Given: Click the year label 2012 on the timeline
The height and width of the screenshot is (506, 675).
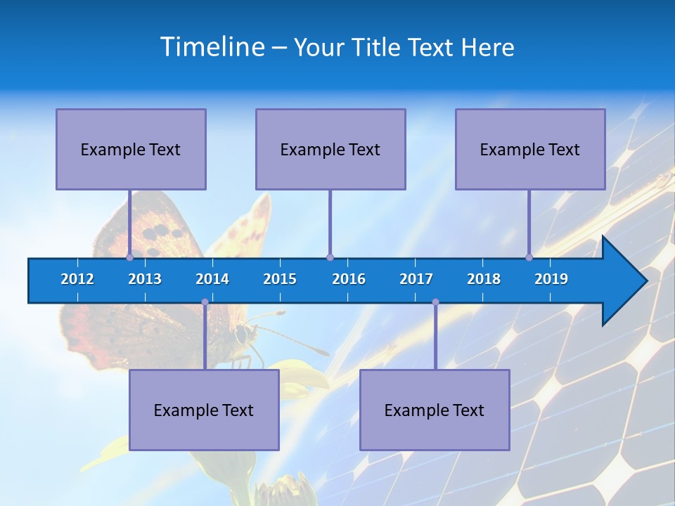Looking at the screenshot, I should [77, 279].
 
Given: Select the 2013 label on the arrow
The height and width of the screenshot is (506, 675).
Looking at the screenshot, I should [145, 279].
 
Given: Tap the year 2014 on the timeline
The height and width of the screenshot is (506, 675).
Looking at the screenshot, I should [212, 279].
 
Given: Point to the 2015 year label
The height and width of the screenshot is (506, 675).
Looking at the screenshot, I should [280, 279].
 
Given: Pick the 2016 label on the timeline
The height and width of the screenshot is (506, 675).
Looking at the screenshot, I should [349, 279].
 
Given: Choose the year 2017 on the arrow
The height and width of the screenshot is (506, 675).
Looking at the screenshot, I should [416, 279].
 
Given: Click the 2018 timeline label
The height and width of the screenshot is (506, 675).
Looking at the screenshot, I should [484, 279].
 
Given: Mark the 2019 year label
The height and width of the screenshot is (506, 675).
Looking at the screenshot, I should [551, 279].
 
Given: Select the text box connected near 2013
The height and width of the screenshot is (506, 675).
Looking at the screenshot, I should [131, 149].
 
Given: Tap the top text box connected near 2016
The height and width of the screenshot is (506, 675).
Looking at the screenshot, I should [330, 149].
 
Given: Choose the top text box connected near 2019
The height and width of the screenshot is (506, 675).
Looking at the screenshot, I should [530, 149].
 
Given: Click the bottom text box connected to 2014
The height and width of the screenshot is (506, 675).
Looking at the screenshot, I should [204, 410].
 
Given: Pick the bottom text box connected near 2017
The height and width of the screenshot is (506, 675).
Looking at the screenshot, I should [435, 410].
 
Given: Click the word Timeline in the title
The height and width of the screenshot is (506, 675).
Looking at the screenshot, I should [212, 46].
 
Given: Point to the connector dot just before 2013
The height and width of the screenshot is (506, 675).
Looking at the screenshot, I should [130, 257].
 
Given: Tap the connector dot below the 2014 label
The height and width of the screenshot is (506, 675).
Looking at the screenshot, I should [205, 302].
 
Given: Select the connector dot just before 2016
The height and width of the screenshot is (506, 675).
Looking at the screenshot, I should [330, 257].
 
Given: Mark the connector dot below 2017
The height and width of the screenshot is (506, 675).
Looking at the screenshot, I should [435, 302].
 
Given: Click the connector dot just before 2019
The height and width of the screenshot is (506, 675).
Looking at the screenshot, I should [529, 257].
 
